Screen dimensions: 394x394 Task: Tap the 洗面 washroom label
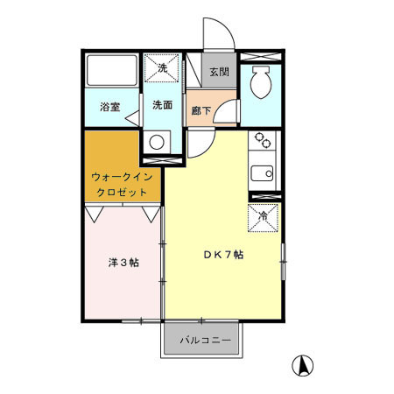coord(161,106)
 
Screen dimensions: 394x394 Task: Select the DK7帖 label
coord(223,255)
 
